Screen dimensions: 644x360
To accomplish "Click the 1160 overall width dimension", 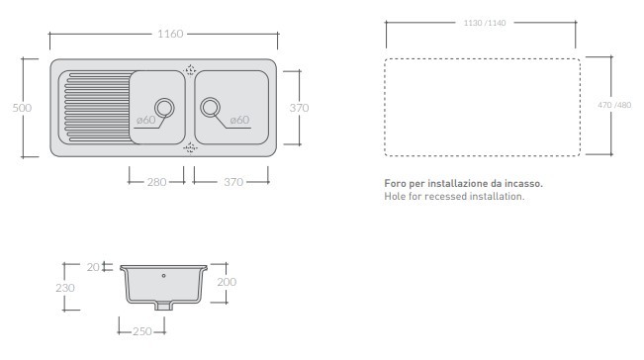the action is (170, 34).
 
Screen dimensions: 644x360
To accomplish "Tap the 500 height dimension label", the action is (22, 108).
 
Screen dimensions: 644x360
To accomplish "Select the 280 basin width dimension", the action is (157, 182).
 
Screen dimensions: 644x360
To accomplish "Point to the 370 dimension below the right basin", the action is (233, 182).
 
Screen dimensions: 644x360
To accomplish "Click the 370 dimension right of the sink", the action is (299, 108).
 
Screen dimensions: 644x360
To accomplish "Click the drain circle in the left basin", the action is (164, 108).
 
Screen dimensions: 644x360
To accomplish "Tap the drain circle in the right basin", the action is (211, 108).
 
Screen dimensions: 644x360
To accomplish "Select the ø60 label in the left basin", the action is (145, 120).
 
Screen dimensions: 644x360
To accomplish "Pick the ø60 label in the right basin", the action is (239, 120).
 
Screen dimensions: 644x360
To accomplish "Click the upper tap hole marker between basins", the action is (190, 70).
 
